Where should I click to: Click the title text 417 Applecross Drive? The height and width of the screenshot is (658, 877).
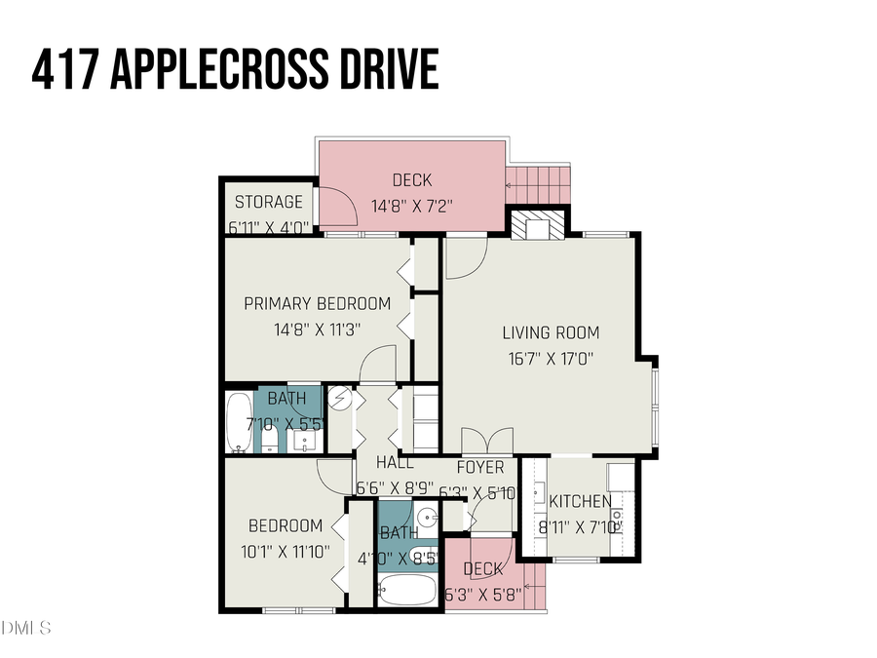pyautogui.click(x=234, y=71)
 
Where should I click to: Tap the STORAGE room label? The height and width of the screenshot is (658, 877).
pyautogui.click(x=269, y=202)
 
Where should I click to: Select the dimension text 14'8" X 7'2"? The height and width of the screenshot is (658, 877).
pyautogui.click(x=412, y=207)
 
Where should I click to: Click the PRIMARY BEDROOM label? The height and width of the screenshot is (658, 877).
pyautogui.click(x=317, y=303)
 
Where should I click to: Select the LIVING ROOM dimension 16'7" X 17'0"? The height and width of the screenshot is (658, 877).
pyautogui.click(x=551, y=358)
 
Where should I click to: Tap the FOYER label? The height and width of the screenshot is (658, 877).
pyautogui.click(x=480, y=468)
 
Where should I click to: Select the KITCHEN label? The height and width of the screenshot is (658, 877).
pyautogui.click(x=581, y=502)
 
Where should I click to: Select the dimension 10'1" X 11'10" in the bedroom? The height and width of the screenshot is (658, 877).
pyautogui.click(x=286, y=551)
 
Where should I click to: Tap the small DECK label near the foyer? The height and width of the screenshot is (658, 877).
pyautogui.click(x=483, y=569)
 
